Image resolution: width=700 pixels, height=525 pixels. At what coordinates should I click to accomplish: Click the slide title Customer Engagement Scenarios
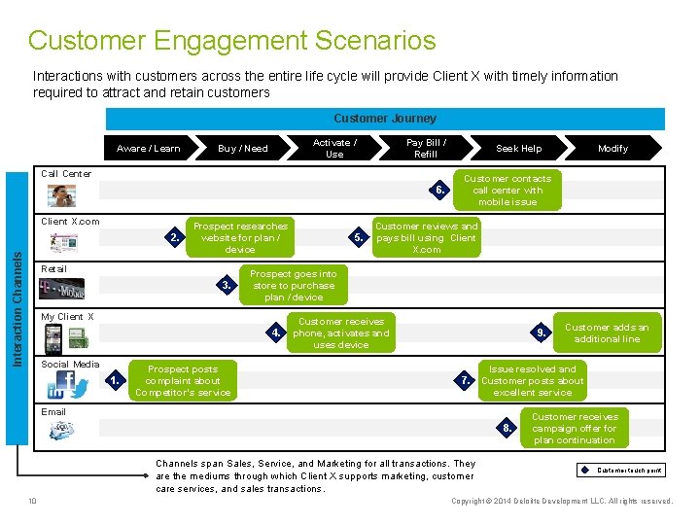(231, 41)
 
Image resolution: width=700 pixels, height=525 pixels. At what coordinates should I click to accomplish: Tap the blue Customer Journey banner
(385, 119)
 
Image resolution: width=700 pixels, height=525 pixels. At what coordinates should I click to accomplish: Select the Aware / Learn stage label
(148, 149)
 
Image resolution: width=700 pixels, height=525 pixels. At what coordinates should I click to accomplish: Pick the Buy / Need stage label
(243, 149)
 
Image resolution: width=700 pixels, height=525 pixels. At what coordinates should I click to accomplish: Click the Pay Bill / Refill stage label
(426, 148)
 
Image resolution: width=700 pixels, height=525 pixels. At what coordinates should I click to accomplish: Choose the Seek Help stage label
(519, 149)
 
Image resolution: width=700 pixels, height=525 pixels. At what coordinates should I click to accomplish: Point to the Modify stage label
(612, 149)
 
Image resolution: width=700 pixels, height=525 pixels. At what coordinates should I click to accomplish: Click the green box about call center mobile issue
(507, 191)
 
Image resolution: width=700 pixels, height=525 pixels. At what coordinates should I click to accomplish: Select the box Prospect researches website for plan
(240, 237)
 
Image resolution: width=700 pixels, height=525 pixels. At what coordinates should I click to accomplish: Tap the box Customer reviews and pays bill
(426, 237)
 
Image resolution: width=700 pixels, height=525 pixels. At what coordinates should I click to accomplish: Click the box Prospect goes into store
(294, 286)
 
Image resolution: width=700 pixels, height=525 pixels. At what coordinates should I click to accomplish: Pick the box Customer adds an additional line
(607, 333)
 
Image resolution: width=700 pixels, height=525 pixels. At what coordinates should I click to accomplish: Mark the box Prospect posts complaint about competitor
(183, 381)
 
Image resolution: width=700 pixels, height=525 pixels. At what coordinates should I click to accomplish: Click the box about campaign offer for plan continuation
(575, 429)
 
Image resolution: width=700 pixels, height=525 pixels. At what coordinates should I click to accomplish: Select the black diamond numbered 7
(466, 381)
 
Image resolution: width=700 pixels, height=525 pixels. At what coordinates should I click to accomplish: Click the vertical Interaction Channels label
(17, 292)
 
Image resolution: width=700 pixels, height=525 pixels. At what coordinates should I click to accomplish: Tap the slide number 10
(32, 502)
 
